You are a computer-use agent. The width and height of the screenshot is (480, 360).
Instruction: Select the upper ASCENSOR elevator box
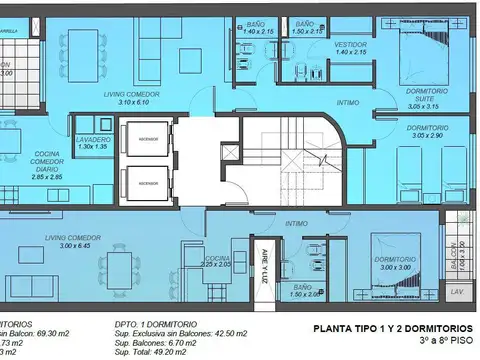tap(147, 140)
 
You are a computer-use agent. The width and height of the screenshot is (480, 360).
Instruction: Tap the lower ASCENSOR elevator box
tap(147, 183)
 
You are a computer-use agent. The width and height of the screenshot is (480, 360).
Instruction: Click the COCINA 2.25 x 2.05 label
tap(217, 263)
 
